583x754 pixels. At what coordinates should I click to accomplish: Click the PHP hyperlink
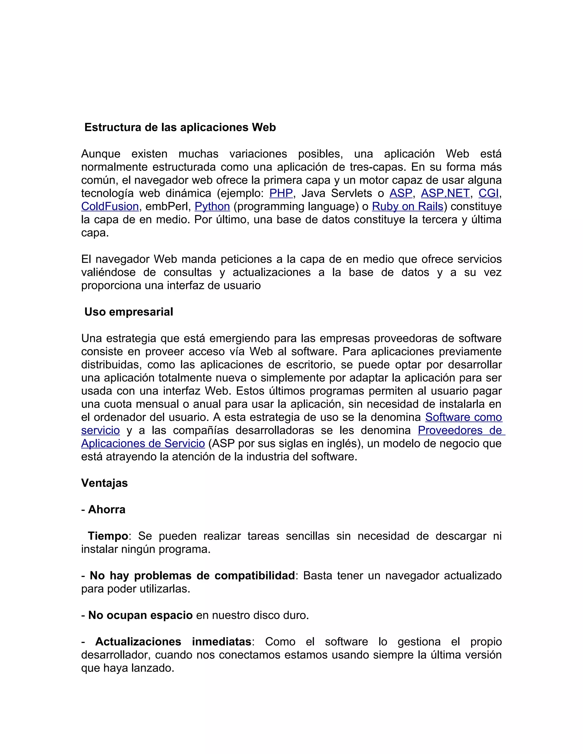(281, 193)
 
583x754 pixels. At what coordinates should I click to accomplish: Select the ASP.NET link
(445, 193)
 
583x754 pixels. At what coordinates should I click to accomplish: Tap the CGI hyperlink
(488, 193)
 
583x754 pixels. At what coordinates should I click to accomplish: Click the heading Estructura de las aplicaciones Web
(180, 127)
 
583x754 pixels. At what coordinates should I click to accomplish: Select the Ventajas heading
(104, 483)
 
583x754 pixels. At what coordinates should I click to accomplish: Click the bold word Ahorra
(107, 510)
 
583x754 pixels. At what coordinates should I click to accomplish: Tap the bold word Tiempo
(108, 536)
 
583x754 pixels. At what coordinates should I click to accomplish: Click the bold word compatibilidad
(254, 576)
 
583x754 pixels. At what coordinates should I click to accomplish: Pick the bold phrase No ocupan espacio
(140, 615)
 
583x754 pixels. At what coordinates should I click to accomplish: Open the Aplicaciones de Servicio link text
(143, 443)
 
